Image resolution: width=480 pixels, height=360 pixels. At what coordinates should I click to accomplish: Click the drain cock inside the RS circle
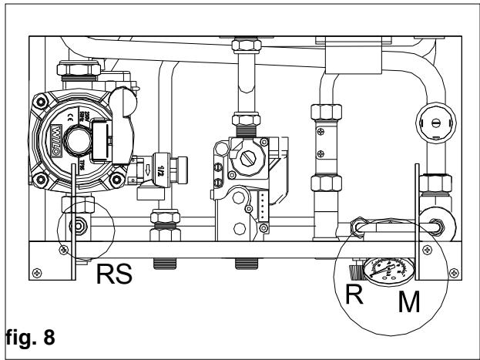click(x=76, y=227)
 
